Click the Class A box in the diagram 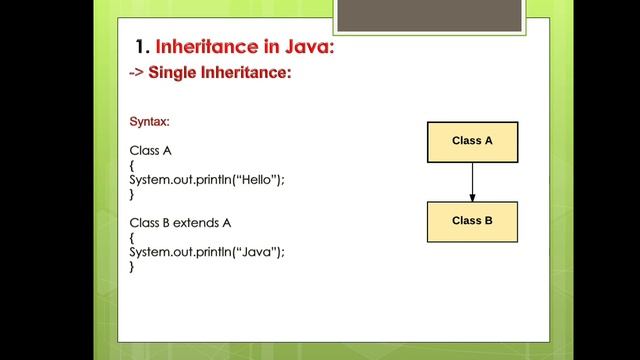click(x=472, y=141)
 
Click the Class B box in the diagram click(x=472, y=221)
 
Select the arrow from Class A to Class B click(x=472, y=181)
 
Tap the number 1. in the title click(x=141, y=47)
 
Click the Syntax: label click(x=149, y=121)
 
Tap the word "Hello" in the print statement click(x=256, y=179)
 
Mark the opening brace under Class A click(x=132, y=165)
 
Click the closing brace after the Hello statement click(x=132, y=194)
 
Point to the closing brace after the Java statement click(x=132, y=267)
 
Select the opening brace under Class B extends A click(x=132, y=237)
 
